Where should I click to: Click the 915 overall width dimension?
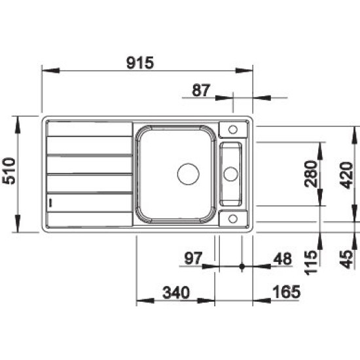click(140, 63)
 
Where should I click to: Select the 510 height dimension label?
click(9, 171)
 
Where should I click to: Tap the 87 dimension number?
click(201, 90)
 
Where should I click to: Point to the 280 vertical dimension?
click(311, 174)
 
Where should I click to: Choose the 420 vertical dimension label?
click(346, 175)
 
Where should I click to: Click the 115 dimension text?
click(311, 262)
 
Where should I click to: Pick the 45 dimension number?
click(346, 259)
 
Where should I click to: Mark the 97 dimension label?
click(193, 259)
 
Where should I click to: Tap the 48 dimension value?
click(282, 259)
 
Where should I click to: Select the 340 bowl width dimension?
click(176, 293)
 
